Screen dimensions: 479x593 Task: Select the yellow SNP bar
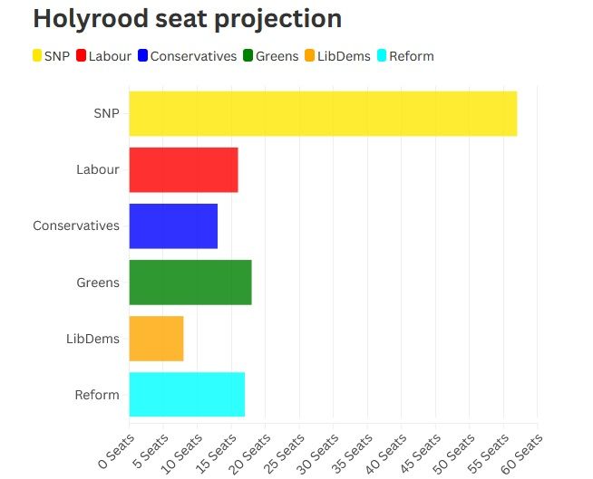click(323, 113)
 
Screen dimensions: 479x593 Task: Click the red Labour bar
click(183, 169)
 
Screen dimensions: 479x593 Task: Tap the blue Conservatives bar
click(173, 225)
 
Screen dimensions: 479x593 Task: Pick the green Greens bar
click(190, 282)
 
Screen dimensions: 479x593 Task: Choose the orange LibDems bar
click(156, 338)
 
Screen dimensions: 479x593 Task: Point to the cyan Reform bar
click(187, 394)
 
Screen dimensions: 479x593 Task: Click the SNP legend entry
click(52, 56)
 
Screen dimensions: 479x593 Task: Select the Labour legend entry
click(103, 56)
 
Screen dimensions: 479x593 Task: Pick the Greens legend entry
click(270, 56)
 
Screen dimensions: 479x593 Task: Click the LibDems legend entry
click(337, 56)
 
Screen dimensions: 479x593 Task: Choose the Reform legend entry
click(405, 56)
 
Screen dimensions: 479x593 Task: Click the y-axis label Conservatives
click(76, 225)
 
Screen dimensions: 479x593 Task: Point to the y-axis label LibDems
click(92, 339)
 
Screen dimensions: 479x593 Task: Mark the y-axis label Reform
click(97, 395)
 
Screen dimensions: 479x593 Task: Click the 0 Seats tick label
click(112, 445)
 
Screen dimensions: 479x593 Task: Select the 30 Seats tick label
click(316, 447)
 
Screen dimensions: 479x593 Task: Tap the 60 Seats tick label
click(521, 447)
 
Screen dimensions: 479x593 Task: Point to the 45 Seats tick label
click(419, 447)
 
